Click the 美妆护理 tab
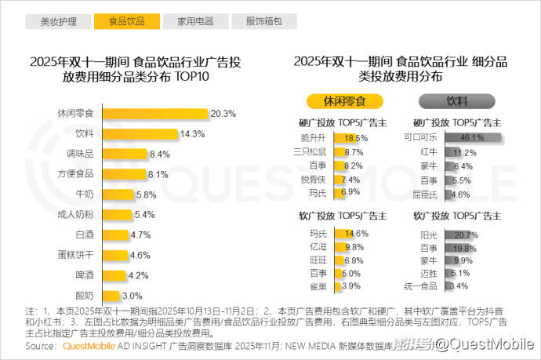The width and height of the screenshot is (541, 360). (59, 21)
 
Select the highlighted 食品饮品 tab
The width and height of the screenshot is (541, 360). (126, 21)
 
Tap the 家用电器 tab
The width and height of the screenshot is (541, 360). (195, 21)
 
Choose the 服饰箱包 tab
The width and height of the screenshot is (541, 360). (263, 21)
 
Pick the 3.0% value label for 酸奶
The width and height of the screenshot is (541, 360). (132, 296)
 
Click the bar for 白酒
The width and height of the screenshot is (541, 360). (114, 235)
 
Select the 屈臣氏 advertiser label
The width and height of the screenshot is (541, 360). (426, 194)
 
